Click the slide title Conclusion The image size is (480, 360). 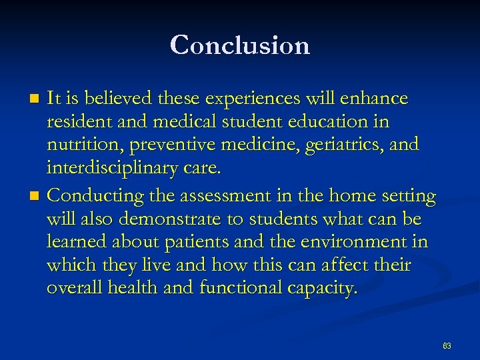pos(240,45)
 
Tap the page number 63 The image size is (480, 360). pos(447,346)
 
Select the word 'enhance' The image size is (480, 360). pos(373,99)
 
